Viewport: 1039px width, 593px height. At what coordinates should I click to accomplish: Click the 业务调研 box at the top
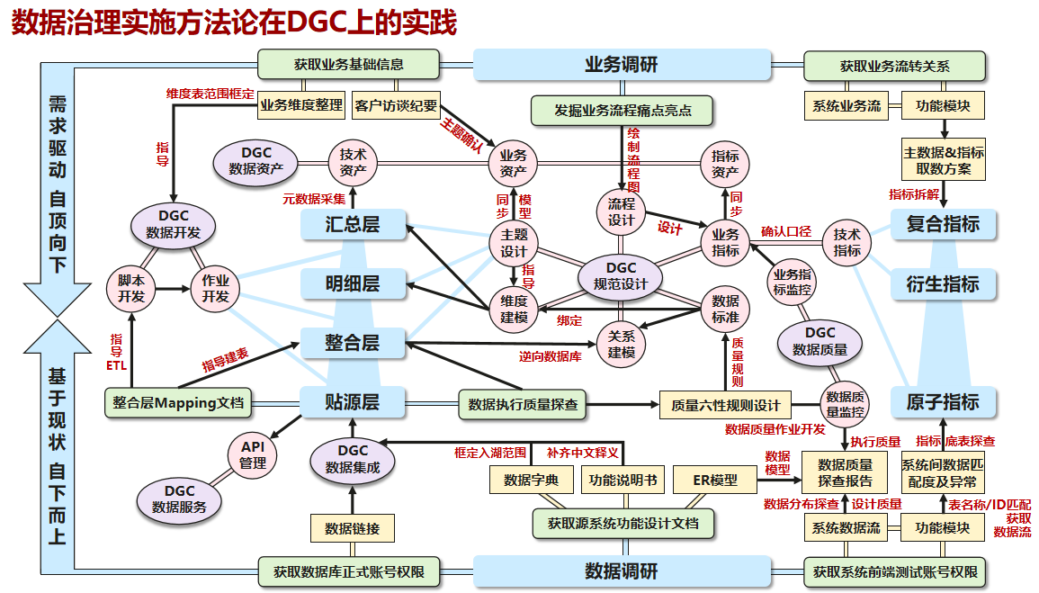pyautogui.click(x=622, y=65)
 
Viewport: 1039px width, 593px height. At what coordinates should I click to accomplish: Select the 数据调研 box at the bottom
pyautogui.click(x=622, y=571)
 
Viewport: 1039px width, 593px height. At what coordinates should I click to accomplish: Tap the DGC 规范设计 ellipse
pyautogui.click(x=621, y=276)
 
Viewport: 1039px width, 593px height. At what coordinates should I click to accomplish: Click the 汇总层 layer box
pyautogui.click(x=353, y=224)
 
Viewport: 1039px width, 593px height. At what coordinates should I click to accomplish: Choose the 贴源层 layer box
pyautogui.click(x=353, y=402)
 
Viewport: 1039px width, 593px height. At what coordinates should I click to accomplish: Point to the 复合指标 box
pyautogui.click(x=943, y=224)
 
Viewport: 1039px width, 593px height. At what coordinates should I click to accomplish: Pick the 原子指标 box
pyautogui.click(x=943, y=402)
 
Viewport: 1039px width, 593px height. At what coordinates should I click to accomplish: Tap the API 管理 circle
pyautogui.click(x=253, y=455)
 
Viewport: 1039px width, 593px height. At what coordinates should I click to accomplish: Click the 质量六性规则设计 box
pyautogui.click(x=726, y=405)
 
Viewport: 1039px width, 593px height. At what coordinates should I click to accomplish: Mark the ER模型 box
pyautogui.click(x=715, y=481)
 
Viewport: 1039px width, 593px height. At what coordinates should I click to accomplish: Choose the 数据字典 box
pyautogui.click(x=532, y=481)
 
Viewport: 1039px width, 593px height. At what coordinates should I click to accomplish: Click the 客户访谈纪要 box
pyautogui.click(x=397, y=105)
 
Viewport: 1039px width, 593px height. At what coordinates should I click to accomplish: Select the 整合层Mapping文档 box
pyautogui.click(x=178, y=403)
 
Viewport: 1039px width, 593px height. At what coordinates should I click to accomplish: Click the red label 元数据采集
pyautogui.click(x=314, y=199)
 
